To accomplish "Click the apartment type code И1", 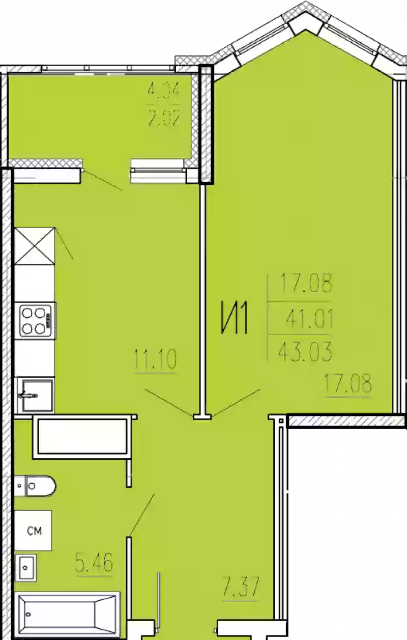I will (234, 319).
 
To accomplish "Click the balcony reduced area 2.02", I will (163, 120).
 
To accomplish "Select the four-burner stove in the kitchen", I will (36, 319).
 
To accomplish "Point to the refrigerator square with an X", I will (35, 246).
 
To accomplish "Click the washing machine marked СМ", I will (34, 531).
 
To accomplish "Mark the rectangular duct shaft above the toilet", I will (80, 436).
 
